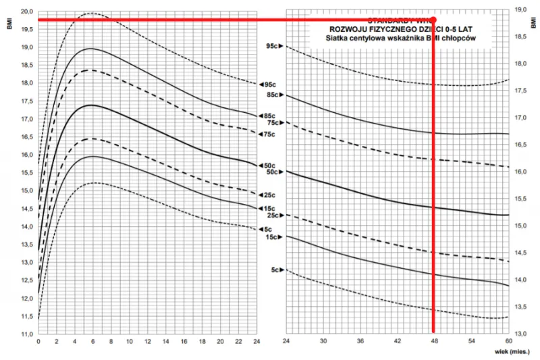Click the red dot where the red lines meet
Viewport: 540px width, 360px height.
pyautogui.click(x=433, y=20)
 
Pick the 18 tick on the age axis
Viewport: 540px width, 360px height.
pyautogui.click(x=200, y=342)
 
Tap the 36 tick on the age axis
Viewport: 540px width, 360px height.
pyautogui.click(x=360, y=342)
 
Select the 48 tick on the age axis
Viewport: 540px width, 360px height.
pyautogui.click(x=434, y=342)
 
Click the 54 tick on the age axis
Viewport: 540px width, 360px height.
pyautogui.click(x=471, y=342)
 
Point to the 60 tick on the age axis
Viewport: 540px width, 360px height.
pyautogui.click(x=508, y=342)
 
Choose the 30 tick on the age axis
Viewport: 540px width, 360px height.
pyautogui.click(x=323, y=342)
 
